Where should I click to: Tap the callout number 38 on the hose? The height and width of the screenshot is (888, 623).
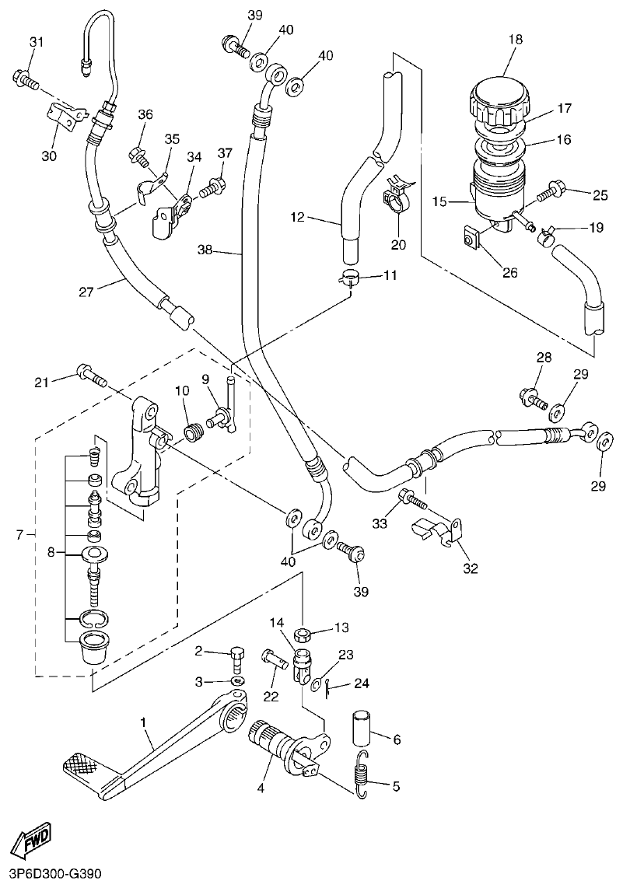coord(205,251)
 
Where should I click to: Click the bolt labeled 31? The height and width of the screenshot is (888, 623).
coord(24,78)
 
